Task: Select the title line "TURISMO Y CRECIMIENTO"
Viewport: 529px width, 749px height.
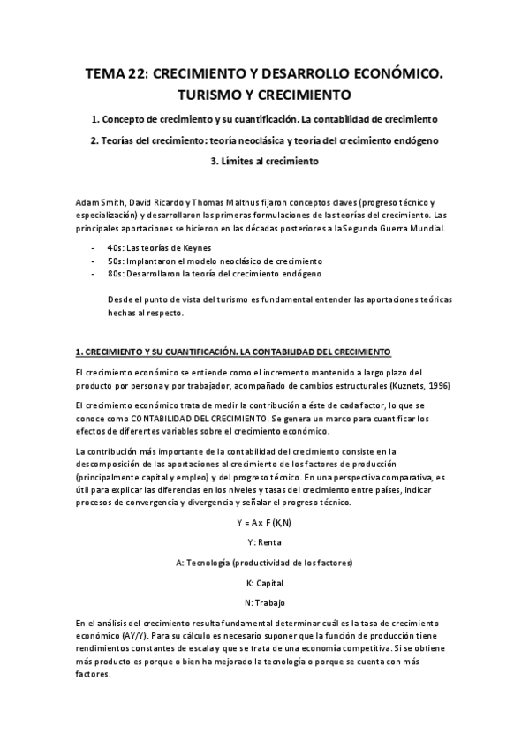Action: [264, 95]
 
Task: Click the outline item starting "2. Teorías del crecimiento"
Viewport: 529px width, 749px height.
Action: [264, 140]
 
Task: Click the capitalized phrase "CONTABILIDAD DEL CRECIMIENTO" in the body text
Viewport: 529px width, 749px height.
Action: [195, 417]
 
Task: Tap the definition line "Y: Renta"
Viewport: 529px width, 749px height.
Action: [264, 542]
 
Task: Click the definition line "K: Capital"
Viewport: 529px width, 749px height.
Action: [264, 583]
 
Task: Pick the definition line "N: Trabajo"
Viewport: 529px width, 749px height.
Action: [264, 603]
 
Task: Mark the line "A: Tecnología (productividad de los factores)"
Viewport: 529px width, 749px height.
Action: [264, 563]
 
